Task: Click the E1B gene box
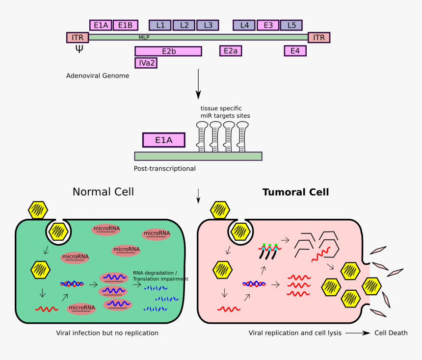tap(125, 25)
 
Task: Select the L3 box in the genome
tap(208, 25)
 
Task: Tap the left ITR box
tap(78, 37)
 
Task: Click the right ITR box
tap(319, 37)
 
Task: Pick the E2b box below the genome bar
tap(168, 51)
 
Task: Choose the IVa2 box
tap(146, 63)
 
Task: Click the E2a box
tap(231, 51)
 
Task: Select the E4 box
tap(295, 51)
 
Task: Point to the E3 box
tap(268, 25)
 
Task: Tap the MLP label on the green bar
tap(144, 37)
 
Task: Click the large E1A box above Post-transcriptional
tap(164, 140)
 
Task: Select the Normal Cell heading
tap(103, 192)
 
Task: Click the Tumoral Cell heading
tap(295, 192)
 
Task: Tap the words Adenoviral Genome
tap(98, 76)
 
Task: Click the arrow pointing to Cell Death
tap(358, 333)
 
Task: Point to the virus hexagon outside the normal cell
tap(38, 210)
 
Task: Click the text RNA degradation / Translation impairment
tap(160, 276)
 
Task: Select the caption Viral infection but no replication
tap(107, 333)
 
